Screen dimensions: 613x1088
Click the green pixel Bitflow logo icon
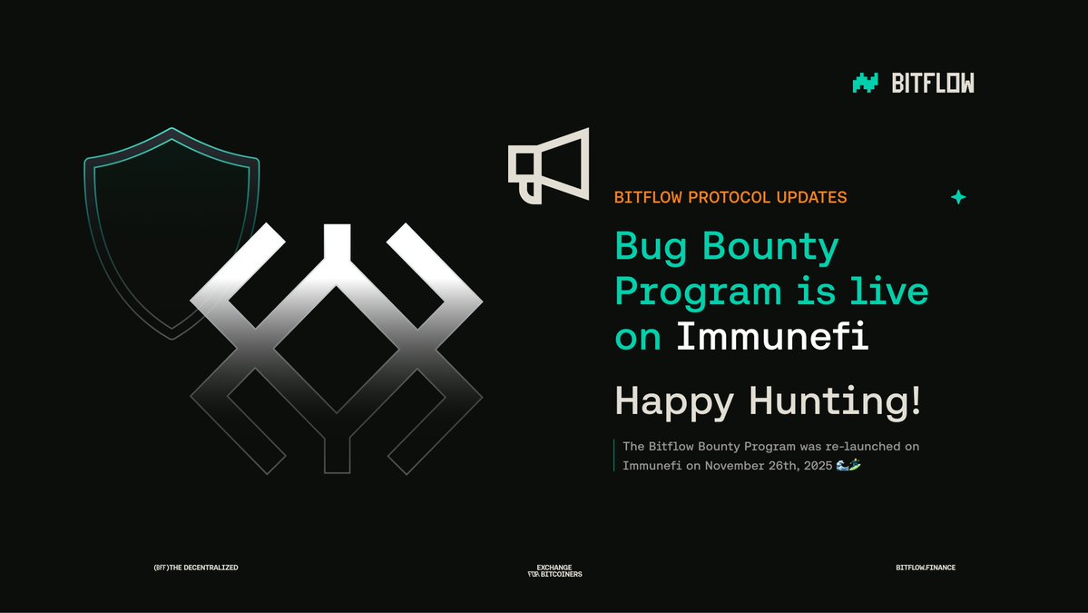(x=866, y=84)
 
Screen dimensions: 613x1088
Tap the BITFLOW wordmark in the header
(x=933, y=84)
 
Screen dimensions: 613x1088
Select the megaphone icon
(x=549, y=165)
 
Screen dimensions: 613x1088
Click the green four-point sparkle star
(x=957, y=197)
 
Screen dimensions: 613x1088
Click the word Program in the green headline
(x=698, y=292)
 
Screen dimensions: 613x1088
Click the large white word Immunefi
(x=772, y=337)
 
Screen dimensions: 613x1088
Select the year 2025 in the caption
(x=814, y=466)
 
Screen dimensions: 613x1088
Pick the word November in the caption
(x=735, y=466)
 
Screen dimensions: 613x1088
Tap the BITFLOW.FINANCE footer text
(x=925, y=568)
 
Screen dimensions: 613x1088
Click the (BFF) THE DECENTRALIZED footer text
(x=196, y=568)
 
